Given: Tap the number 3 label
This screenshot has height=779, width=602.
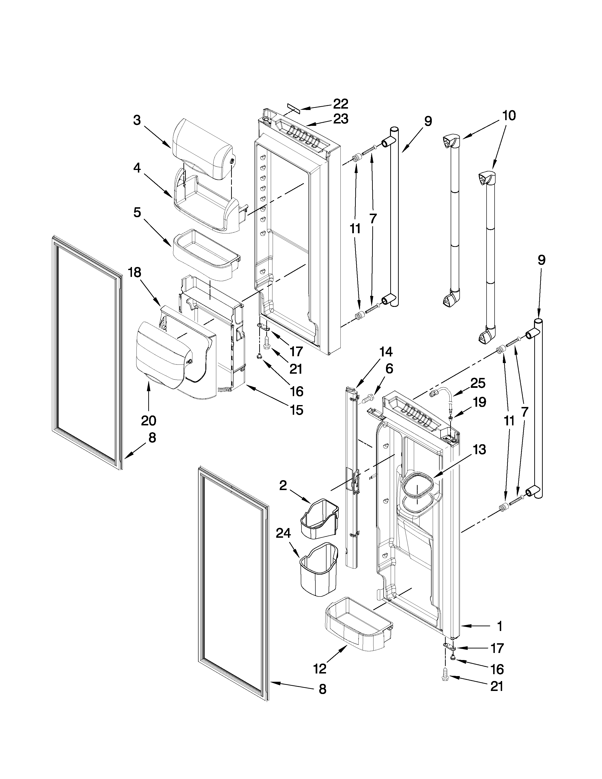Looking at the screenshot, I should coord(137,120).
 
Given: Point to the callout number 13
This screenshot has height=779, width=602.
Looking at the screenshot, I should coord(480,450).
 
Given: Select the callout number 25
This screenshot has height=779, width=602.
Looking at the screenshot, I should coord(478,383).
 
